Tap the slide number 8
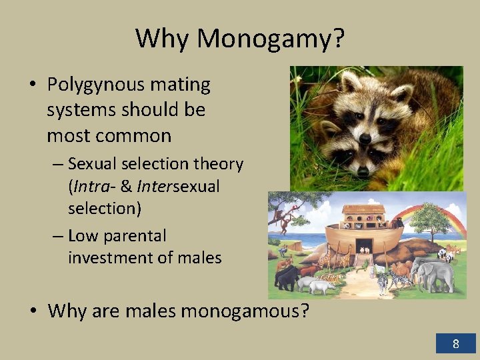[456, 344]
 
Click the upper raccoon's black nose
[365, 138]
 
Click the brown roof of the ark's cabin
[363, 209]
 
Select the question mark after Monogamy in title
[338, 39]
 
